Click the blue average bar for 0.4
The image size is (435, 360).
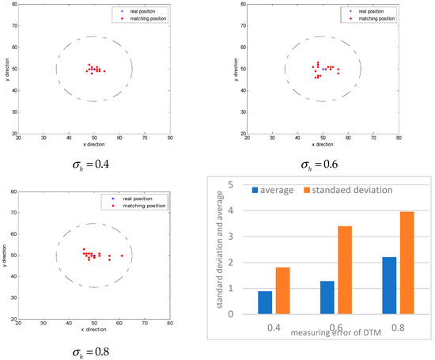(x=266, y=302)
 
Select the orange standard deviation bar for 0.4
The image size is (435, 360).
(x=282, y=290)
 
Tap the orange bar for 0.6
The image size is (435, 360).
(x=345, y=270)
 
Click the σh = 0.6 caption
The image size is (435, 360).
(x=323, y=165)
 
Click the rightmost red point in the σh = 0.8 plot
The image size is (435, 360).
(x=122, y=256)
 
